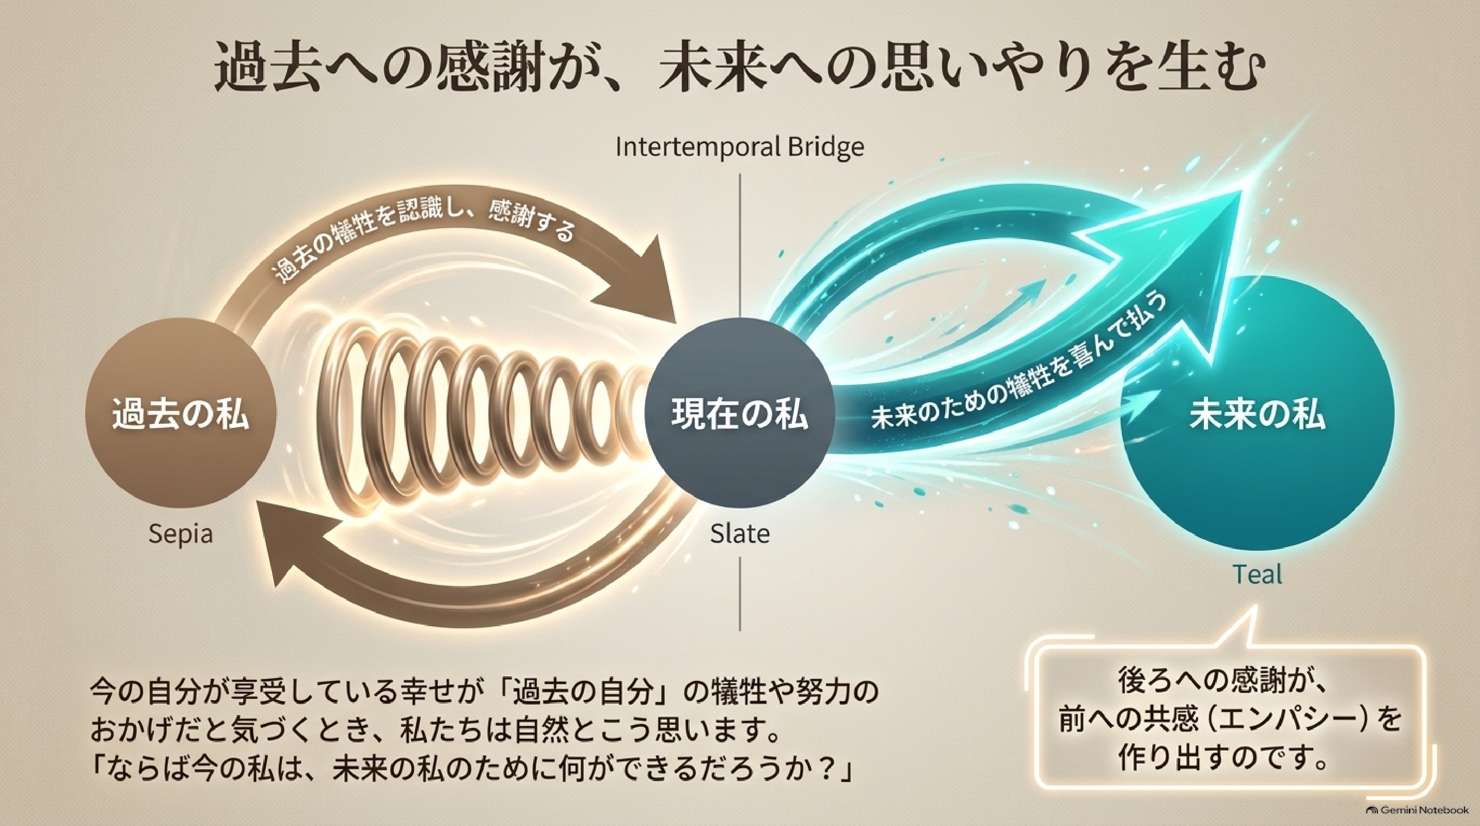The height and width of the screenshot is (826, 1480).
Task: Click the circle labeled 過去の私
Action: click(180, 414)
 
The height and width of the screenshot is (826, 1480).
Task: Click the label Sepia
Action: click(180, 534)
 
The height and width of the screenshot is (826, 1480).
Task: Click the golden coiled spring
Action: click(488, 414)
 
